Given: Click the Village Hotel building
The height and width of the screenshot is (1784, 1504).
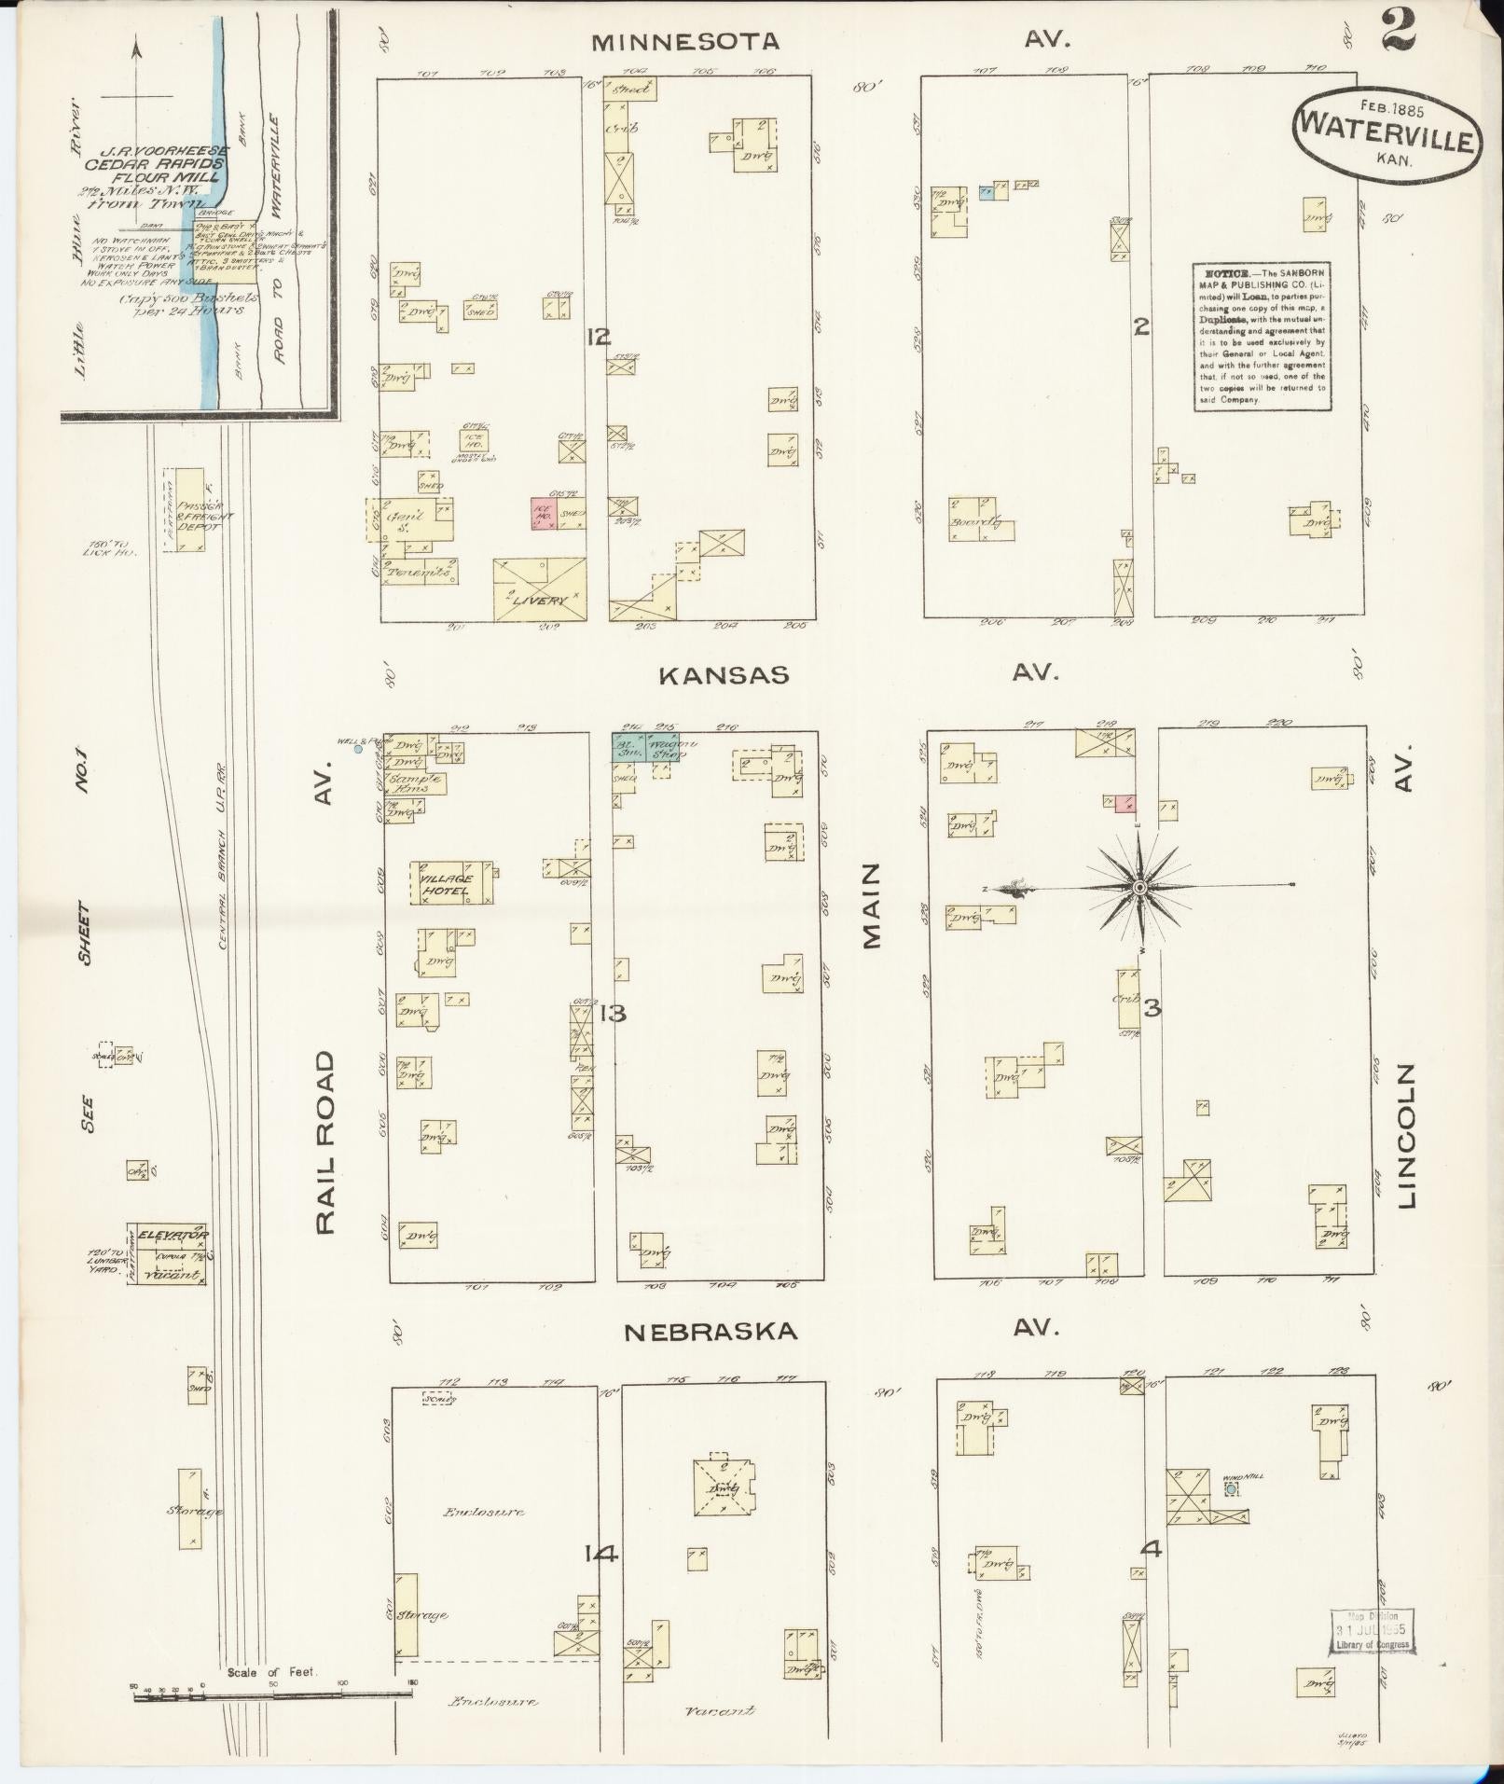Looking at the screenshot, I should pos(451,882).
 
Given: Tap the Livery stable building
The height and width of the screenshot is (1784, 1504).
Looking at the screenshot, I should pos(540,588).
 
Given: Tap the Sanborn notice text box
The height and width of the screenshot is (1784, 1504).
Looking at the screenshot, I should pos(1262,336).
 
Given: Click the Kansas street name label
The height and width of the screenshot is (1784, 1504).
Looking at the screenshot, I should pos(724,675).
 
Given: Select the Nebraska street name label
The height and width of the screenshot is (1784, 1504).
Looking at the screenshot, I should pos(711,1332).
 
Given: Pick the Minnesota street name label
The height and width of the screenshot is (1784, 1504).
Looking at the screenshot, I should pos(685,42).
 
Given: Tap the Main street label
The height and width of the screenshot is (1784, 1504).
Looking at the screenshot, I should pos(872,905).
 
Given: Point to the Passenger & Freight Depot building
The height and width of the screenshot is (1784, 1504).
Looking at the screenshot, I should pos(190,509).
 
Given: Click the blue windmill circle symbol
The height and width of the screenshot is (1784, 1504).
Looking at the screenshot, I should pos(1231,1490).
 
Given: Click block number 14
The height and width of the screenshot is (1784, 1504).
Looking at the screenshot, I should pos(601,1554).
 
